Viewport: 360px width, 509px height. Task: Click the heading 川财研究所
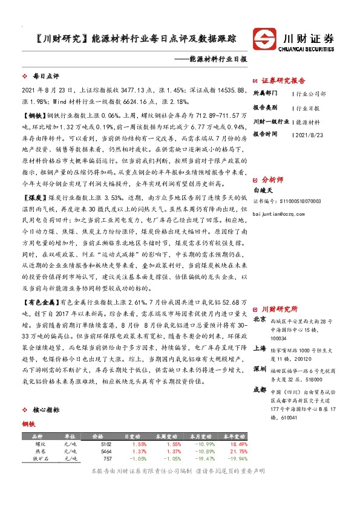coord(283,308)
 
